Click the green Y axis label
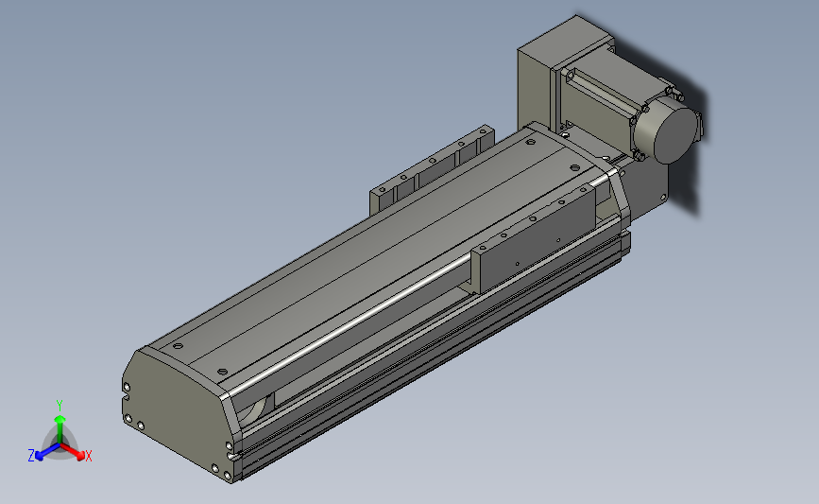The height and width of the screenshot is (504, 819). click(59, 406)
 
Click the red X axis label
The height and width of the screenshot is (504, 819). click(88, 456)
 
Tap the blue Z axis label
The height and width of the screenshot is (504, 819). click(31, 456)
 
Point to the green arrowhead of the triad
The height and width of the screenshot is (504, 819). click(60, 419)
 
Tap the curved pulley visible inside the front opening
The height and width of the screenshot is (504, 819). click(258, 408)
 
